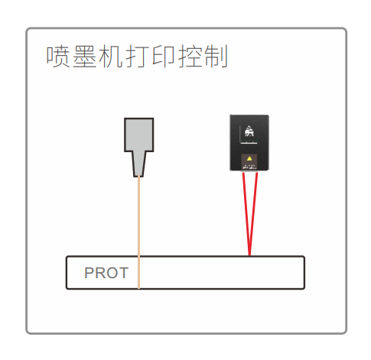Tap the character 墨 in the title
coord(84,57)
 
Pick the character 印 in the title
coord(164,57)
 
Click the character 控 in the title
coord(190,57)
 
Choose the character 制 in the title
coord(216,57)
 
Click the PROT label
coord(106,273)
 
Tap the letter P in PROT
coord(89,273)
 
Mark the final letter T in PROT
coord(123,273)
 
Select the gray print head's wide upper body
coord(139,135)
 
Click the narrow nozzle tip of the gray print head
coord(139,164)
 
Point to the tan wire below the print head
coord(138,232)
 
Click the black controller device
coord(249,143)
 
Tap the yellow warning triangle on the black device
coord(249,159)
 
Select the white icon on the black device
coord(249,131)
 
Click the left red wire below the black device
coord(246,214)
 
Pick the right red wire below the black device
coord(253,214)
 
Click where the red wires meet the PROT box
coord(249,255)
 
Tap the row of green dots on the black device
coord(249,141)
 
